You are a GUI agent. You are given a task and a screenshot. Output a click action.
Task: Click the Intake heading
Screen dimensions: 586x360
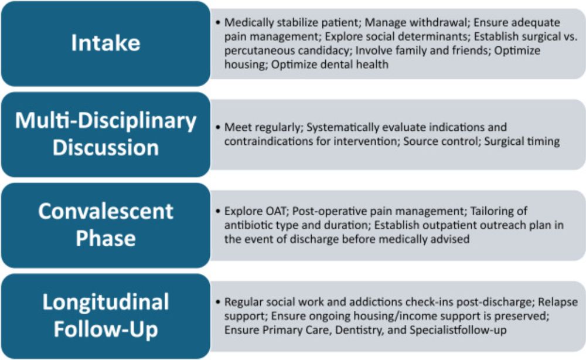click(x=105, y=43)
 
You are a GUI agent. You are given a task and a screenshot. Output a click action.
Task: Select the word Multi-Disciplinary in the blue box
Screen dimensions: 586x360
click(x=105, y=121)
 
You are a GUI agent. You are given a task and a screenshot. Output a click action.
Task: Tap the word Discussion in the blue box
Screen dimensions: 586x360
click(x=105, y=148)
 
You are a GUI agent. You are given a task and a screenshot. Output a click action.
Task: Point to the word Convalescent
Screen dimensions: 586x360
click(x=105, y=211)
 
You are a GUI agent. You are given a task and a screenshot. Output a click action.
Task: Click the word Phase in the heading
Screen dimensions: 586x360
click(x=105, y=238)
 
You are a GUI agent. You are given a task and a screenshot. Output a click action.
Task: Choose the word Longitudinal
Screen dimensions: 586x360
click(x=105, y=303)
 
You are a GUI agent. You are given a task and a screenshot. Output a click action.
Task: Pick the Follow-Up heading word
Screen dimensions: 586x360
click(x=105, y=330)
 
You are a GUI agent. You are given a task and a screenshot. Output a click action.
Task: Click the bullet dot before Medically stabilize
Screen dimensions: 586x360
click(x=218, y=22)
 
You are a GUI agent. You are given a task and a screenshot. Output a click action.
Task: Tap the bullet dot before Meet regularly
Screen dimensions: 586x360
click(x=218, y=127)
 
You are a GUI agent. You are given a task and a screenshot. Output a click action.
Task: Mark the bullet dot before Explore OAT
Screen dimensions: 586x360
click(x=218, y=211)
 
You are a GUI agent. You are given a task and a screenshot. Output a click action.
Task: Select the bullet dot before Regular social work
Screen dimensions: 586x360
click(x=218, y=302)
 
